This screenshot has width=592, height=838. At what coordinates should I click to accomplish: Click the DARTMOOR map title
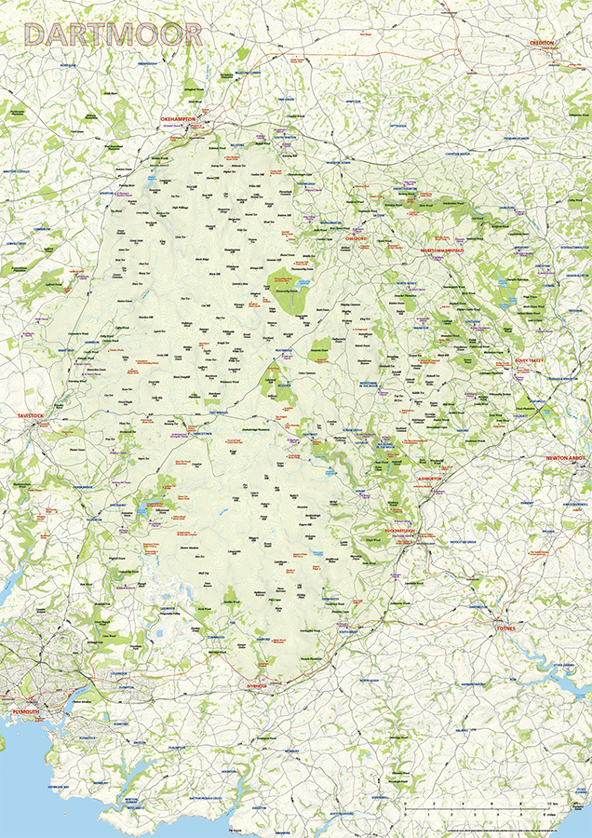click(x=114, y=34)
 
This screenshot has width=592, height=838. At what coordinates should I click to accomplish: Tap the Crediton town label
click(x=542, y=43)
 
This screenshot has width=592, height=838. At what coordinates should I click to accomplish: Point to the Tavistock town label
click(x=31, y=415)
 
